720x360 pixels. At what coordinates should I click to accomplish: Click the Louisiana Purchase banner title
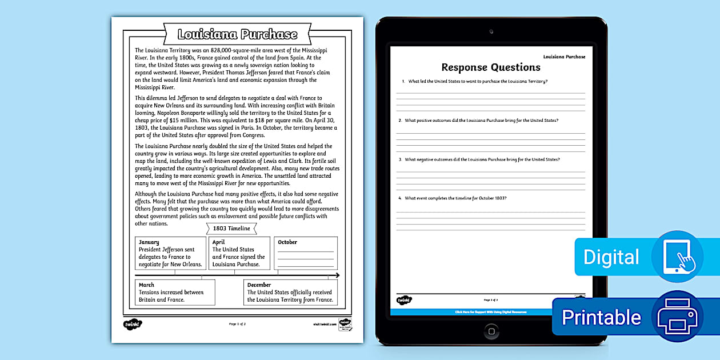237,34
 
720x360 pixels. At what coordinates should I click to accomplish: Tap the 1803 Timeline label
231,229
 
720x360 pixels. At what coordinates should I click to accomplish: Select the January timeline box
170,253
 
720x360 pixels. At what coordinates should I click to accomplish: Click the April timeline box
239,253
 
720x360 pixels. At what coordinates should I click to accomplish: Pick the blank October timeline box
306,253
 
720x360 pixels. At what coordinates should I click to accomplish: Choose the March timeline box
175,292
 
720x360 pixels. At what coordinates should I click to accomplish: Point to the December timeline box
290,292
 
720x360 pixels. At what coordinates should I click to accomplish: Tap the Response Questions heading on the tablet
491,67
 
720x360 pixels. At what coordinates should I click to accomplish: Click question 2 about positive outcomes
481,121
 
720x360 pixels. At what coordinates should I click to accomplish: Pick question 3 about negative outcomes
482,159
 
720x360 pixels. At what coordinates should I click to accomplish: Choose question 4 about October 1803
455,198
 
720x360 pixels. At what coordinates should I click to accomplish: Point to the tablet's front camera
491,31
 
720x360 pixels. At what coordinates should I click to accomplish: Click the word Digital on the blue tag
611,257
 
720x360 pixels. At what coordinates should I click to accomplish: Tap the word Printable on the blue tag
601,317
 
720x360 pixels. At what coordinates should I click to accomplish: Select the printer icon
677,317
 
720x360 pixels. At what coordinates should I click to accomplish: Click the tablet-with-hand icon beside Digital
677,257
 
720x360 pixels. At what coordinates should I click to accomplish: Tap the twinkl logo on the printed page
133,324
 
